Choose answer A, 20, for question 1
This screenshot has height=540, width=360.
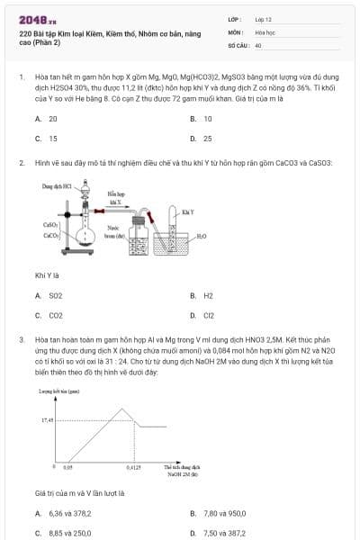pyautogui.click(x=52, y=118)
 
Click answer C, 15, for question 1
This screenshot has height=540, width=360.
pyautogui.click(x=52, y=139)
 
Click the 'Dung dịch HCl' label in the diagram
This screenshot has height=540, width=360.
pyautogui.click(x=58, y=185)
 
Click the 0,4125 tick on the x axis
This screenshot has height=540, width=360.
pyautogui.click(x=133, y=468)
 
